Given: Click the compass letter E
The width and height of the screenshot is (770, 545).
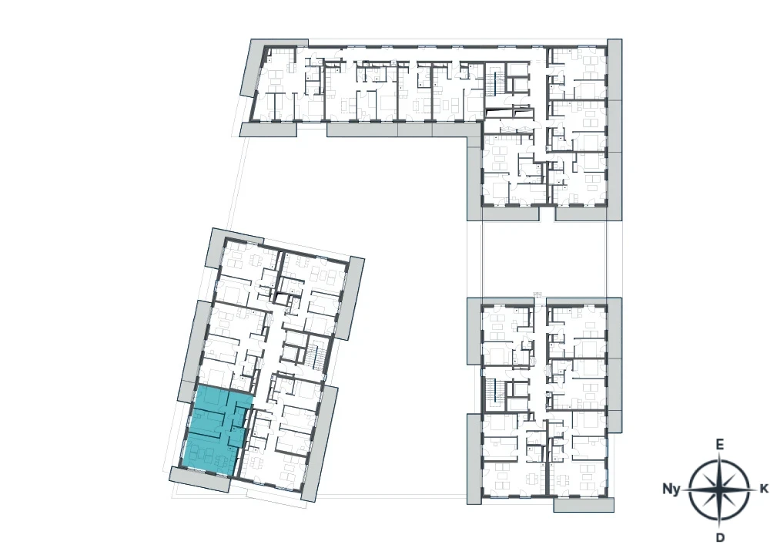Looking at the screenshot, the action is [x=719, y=445].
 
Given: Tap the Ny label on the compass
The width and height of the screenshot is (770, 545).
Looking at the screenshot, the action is [x=671, y=489].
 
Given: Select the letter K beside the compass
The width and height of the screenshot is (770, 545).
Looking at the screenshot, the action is [x=764, y=489].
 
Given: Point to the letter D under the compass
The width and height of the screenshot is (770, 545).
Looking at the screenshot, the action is [x=720, y=537].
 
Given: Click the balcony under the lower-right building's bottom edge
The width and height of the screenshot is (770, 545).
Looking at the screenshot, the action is [x=584, y=505].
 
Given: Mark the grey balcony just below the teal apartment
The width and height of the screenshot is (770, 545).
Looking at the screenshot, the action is [x=200, y=479].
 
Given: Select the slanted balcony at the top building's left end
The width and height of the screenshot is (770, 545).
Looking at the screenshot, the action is [x=253, y=68].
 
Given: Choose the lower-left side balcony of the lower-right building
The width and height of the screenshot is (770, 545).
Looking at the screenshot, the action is [x=474, y=459].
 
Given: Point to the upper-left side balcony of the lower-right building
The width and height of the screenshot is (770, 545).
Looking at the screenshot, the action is [x=474, y=331].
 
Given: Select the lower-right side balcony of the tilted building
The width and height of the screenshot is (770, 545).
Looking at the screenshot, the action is [x=318, y=444].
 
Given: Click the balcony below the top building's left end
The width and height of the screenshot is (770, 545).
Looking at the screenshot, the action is [x=268, y=130].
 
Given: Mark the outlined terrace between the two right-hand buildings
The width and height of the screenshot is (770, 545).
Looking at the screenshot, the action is [x=544, y=258].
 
